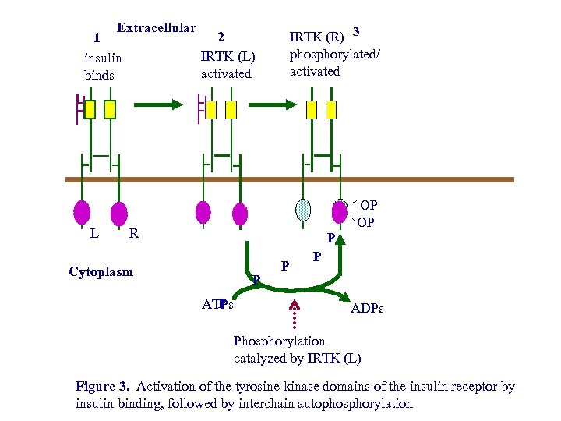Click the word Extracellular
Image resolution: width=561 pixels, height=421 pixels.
pos(156,28)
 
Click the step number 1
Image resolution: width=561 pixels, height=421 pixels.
pos(96,37)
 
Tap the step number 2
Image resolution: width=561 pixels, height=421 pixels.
pos(221,37)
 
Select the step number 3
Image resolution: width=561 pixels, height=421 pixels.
pos(356,32)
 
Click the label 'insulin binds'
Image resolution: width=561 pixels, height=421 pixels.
pos(103,66)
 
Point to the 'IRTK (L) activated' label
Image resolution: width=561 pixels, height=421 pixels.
pos(228,65)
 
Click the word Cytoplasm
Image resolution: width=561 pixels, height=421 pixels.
pos(101,272)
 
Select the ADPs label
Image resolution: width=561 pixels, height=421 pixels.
pos(366,310)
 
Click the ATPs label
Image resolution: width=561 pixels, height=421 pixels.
pos(217,304)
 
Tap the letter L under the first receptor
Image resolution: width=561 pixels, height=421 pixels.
pos(93,232)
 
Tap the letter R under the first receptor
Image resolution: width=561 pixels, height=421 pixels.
pos(133,232)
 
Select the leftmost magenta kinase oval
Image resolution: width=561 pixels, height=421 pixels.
pos(82,212)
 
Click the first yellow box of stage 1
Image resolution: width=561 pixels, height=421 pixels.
pos(90,109)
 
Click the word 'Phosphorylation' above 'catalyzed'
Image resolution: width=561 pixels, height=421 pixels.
pos(280,341)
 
